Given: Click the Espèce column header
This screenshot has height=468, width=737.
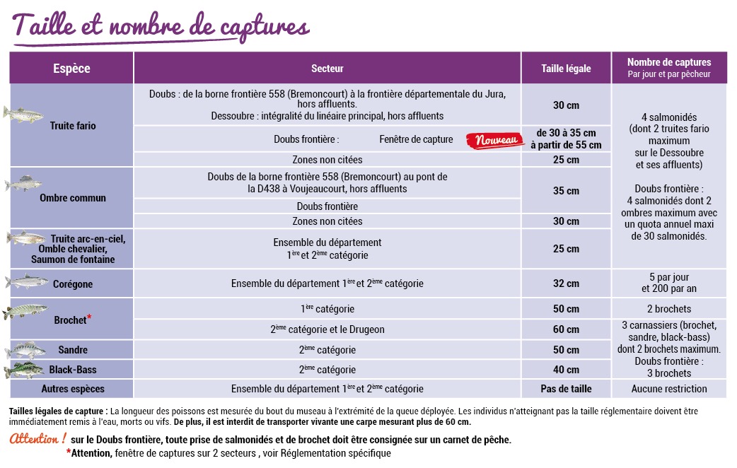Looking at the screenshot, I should click(71, 69).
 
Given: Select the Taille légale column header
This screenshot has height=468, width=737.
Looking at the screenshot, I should click(566, 69).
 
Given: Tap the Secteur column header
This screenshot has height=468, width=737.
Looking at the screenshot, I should click(327, 69).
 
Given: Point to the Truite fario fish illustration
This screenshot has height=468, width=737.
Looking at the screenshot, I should click(24, 113).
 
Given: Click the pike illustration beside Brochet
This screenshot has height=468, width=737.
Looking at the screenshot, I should click(25, 310).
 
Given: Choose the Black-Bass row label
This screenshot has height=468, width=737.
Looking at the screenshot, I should click(73, 370).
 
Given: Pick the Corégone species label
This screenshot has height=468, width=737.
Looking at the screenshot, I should click(73, 284).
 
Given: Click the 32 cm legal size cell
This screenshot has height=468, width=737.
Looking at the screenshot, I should click(566, 284).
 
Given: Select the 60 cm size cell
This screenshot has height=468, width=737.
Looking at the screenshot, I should click(566, 329).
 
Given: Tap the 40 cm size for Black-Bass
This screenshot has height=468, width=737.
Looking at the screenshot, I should click(566, 370).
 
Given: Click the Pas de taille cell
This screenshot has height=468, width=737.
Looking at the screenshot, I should click(566, 389).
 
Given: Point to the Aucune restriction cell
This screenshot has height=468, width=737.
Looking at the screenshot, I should click(669, 389).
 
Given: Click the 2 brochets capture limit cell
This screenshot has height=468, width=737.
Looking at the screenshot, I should click(669, 309).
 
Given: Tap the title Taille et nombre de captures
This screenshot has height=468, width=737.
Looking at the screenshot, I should click(161, 26).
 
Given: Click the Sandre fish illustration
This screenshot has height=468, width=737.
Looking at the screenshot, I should click(25, 350).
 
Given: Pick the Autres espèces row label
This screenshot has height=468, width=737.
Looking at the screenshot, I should click(73, 389).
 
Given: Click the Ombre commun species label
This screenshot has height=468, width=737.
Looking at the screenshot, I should click(73, 198).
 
